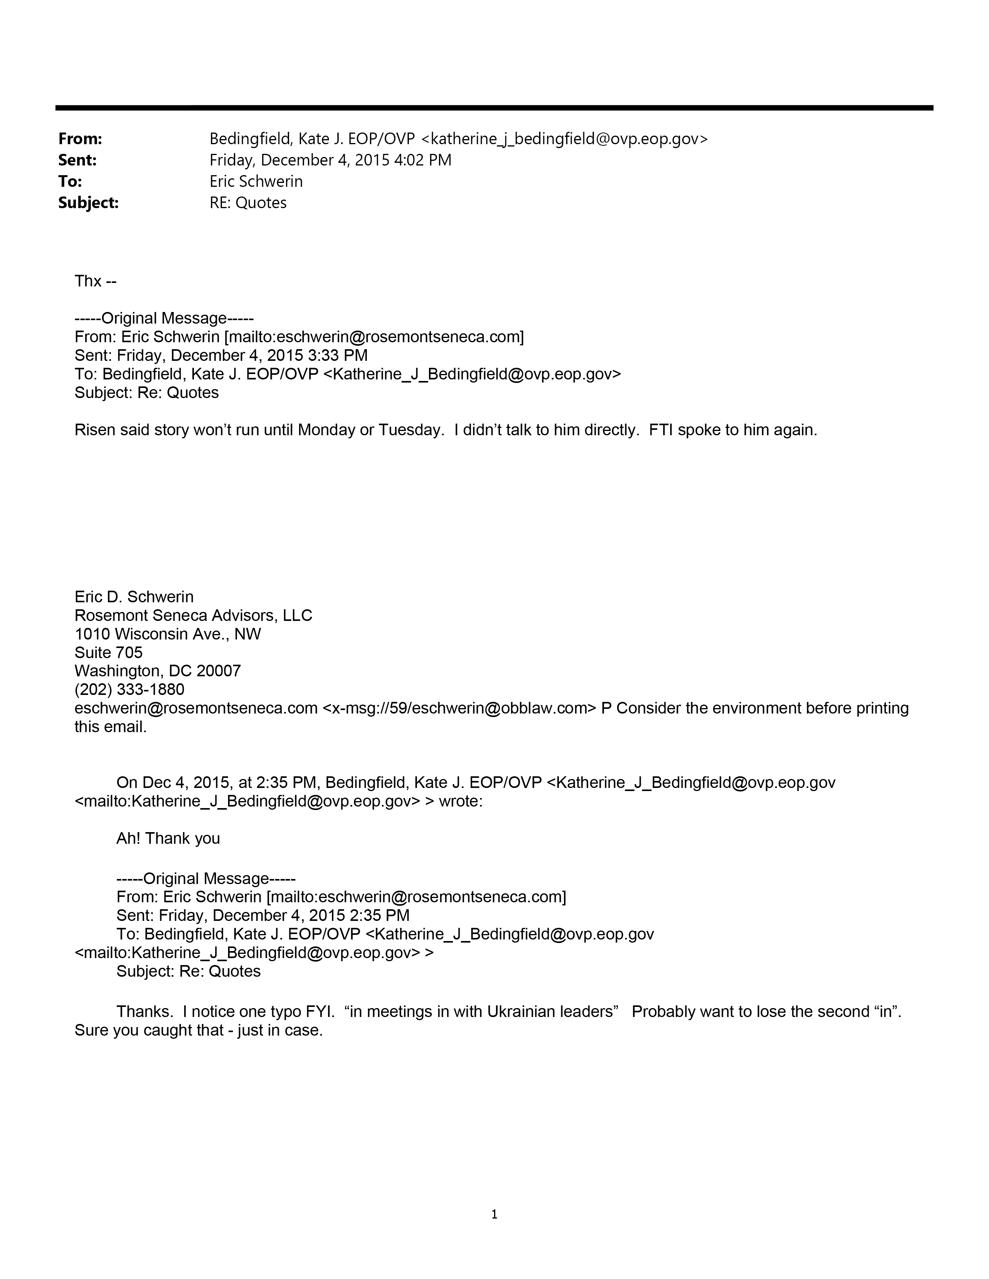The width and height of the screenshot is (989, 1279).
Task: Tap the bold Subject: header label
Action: [88, 203]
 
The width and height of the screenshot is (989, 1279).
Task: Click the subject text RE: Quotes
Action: [249, 203]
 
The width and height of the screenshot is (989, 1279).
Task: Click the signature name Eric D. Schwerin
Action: [134, 597]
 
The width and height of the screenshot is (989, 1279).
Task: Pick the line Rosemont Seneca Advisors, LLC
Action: [194, 615]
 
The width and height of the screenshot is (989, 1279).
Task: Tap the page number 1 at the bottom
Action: [494, 1215]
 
